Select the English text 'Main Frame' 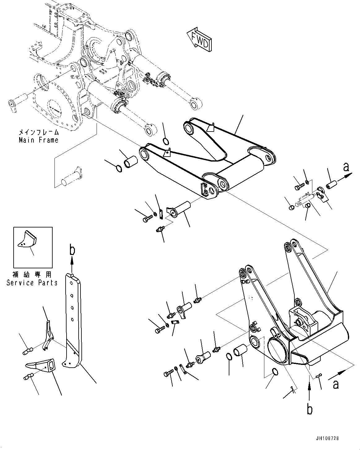[x=38, y=140]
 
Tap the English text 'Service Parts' [x=32, y=283]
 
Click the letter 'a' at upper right [x=346, y=167]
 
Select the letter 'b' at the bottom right [x=310, y=409]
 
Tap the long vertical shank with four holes [x=73, y=319]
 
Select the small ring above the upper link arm [x=166, y=142]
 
